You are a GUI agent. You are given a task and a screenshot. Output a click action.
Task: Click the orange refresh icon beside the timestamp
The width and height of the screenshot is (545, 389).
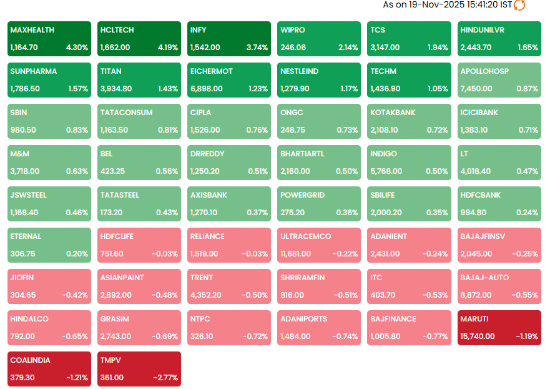[x=519, y=5]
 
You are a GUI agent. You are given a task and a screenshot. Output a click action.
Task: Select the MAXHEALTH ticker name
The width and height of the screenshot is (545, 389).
[x=32, y=30]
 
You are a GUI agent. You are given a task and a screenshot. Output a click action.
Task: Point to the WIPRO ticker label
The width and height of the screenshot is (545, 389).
[x=293, y=30]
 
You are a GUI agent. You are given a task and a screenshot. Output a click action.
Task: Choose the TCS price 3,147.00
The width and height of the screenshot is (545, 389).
[x=386, y=48]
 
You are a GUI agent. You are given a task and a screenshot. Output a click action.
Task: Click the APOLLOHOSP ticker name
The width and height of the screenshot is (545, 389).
[x=484, y=71]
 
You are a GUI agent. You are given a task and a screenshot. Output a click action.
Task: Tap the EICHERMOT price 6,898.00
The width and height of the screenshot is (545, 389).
[x=206, y=89]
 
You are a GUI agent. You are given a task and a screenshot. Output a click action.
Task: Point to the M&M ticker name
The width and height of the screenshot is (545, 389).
[x=21, y=154]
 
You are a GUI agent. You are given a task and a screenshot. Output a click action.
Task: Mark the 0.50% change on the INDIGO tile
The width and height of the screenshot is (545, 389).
[x=437, y=171]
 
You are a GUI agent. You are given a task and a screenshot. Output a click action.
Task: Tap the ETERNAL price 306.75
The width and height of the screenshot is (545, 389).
[x=22, y=254]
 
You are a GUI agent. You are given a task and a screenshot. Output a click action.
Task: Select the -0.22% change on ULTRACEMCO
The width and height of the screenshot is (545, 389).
[x=346, y=254]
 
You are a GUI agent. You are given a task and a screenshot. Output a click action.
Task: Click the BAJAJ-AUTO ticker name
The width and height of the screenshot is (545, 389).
[x=484, y=278]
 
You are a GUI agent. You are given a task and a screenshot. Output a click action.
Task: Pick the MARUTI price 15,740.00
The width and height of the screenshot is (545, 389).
[x=477, y=336]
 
